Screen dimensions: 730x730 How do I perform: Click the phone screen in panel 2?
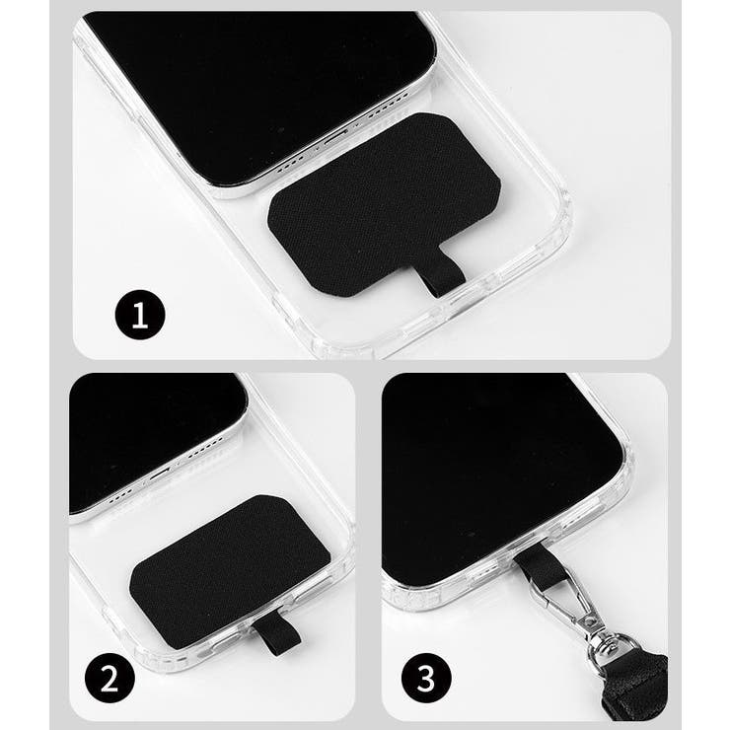click(148, 434)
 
